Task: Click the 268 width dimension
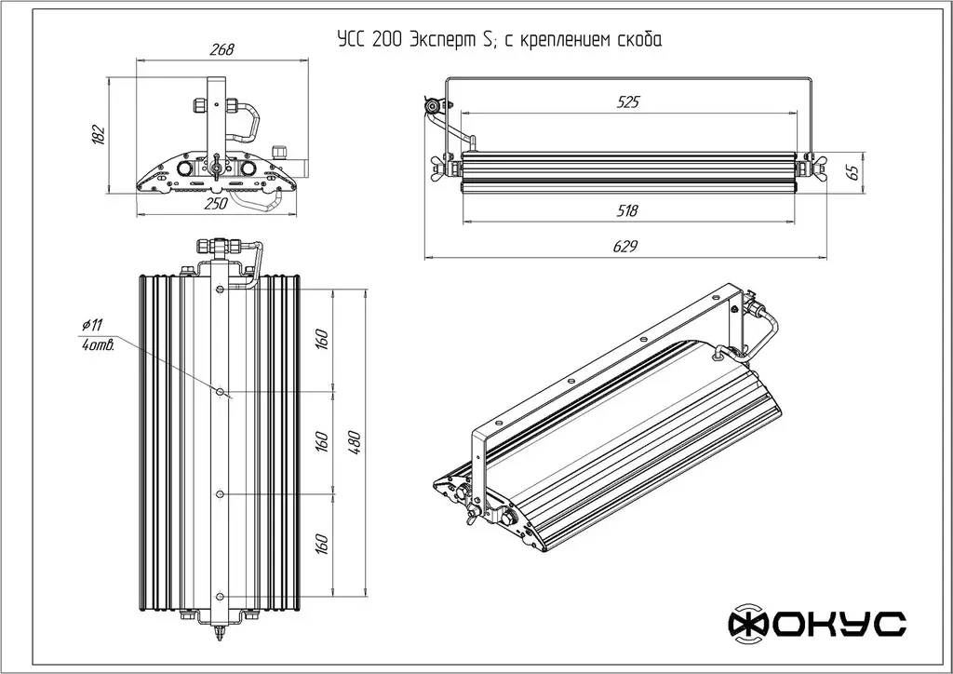point(221,49)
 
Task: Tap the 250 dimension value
point(216,206)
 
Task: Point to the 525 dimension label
point(628,102)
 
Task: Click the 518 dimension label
point(627,211)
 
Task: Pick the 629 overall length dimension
point(626,246)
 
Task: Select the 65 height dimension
point(851,171)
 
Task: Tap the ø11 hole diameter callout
point(92,325)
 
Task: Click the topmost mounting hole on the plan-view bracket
point(220,291)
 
